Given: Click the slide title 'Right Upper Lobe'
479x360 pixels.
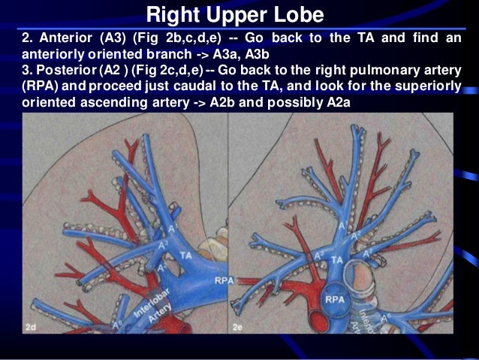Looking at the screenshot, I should pos(234,14).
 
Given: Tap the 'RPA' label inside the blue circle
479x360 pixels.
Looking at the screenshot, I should pos(335,299).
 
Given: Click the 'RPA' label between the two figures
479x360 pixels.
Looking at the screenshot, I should pos(223,280).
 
